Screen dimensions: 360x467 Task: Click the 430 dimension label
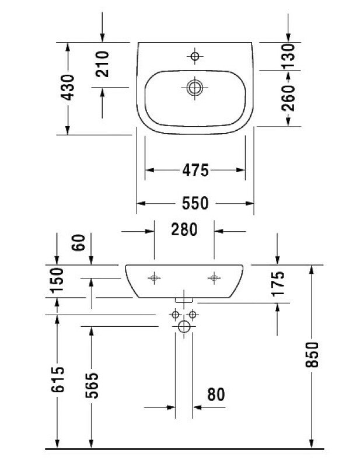click(x=67, y=87)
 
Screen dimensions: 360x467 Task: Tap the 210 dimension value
click(x=102, y=64)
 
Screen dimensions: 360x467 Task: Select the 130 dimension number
click(x=288, y=55)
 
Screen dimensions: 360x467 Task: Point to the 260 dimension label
click(x=288, y=98)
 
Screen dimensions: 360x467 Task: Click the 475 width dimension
click(x=195, y=170)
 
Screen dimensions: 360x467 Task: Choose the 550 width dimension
click(x=195, y=203)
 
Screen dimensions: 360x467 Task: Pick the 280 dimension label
click(x=184, y=229)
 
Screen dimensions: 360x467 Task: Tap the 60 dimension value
click(x=79, y=242)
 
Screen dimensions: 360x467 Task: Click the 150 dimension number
click(x=57, y=280)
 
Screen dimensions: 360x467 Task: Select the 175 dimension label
click(x=278, y=284)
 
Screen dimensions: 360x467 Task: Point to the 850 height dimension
click(x=312, y=354)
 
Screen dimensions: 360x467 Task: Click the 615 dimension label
click(x=57, y=379)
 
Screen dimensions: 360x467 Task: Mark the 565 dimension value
click(x=92, y=385)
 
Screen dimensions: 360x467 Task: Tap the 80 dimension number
click(x=216, y=395)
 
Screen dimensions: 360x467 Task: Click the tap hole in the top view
click(x=195, y=55)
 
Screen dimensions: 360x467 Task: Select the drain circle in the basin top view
click(x=195, y=88)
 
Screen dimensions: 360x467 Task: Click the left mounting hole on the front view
click(x=154, y=278)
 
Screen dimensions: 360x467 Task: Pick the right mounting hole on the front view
click(x=214, y=278)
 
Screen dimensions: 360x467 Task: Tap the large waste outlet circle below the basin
click(x=184, y=326)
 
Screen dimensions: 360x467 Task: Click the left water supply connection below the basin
click(x=176, y=314)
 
